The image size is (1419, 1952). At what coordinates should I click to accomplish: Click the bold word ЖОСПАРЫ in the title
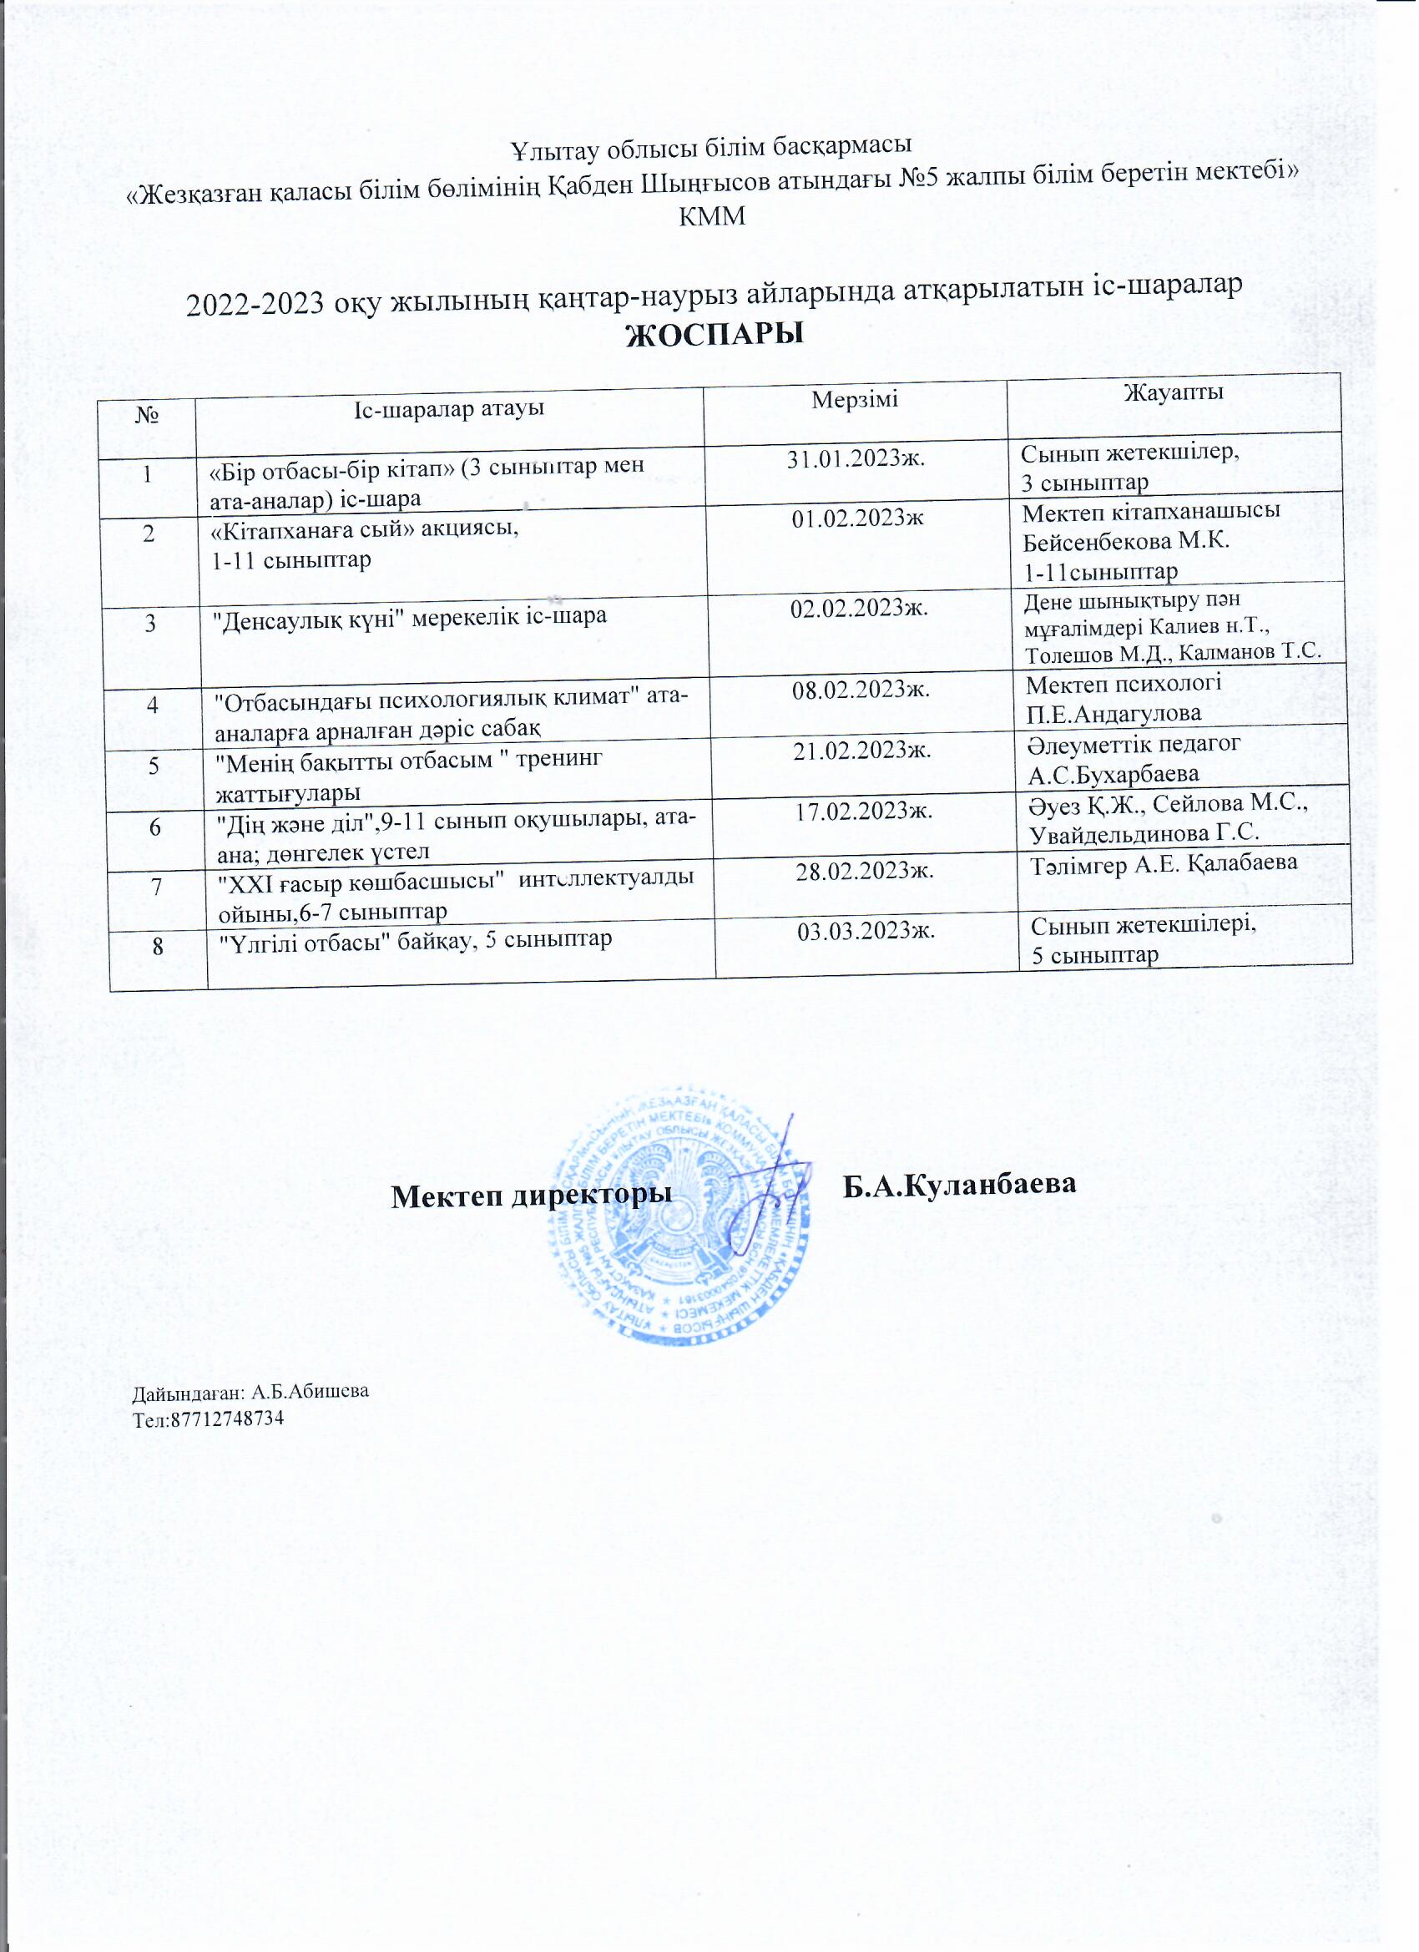tap(715, 335)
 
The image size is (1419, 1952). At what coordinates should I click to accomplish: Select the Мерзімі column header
tap(856, 398)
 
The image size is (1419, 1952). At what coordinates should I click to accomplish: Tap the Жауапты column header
tap(1174, 392)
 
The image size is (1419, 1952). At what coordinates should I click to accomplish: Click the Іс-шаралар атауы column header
tap(449, 408)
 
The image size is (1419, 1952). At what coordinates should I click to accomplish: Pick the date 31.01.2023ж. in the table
tap(856, 458)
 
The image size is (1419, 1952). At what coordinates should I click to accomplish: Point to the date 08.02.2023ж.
tap(861, 690)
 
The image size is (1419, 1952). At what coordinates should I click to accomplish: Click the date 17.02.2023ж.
tap(863, 810)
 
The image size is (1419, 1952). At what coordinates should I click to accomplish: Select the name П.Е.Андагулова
tap(1114, 714)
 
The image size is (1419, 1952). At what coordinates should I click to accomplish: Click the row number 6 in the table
tap(155, 827)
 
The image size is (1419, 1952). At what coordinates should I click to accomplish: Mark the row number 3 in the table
tap(150, 621)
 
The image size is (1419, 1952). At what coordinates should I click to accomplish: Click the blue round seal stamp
tap(679, 1216)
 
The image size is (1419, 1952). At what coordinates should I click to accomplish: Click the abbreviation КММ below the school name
tap(713, 217)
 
